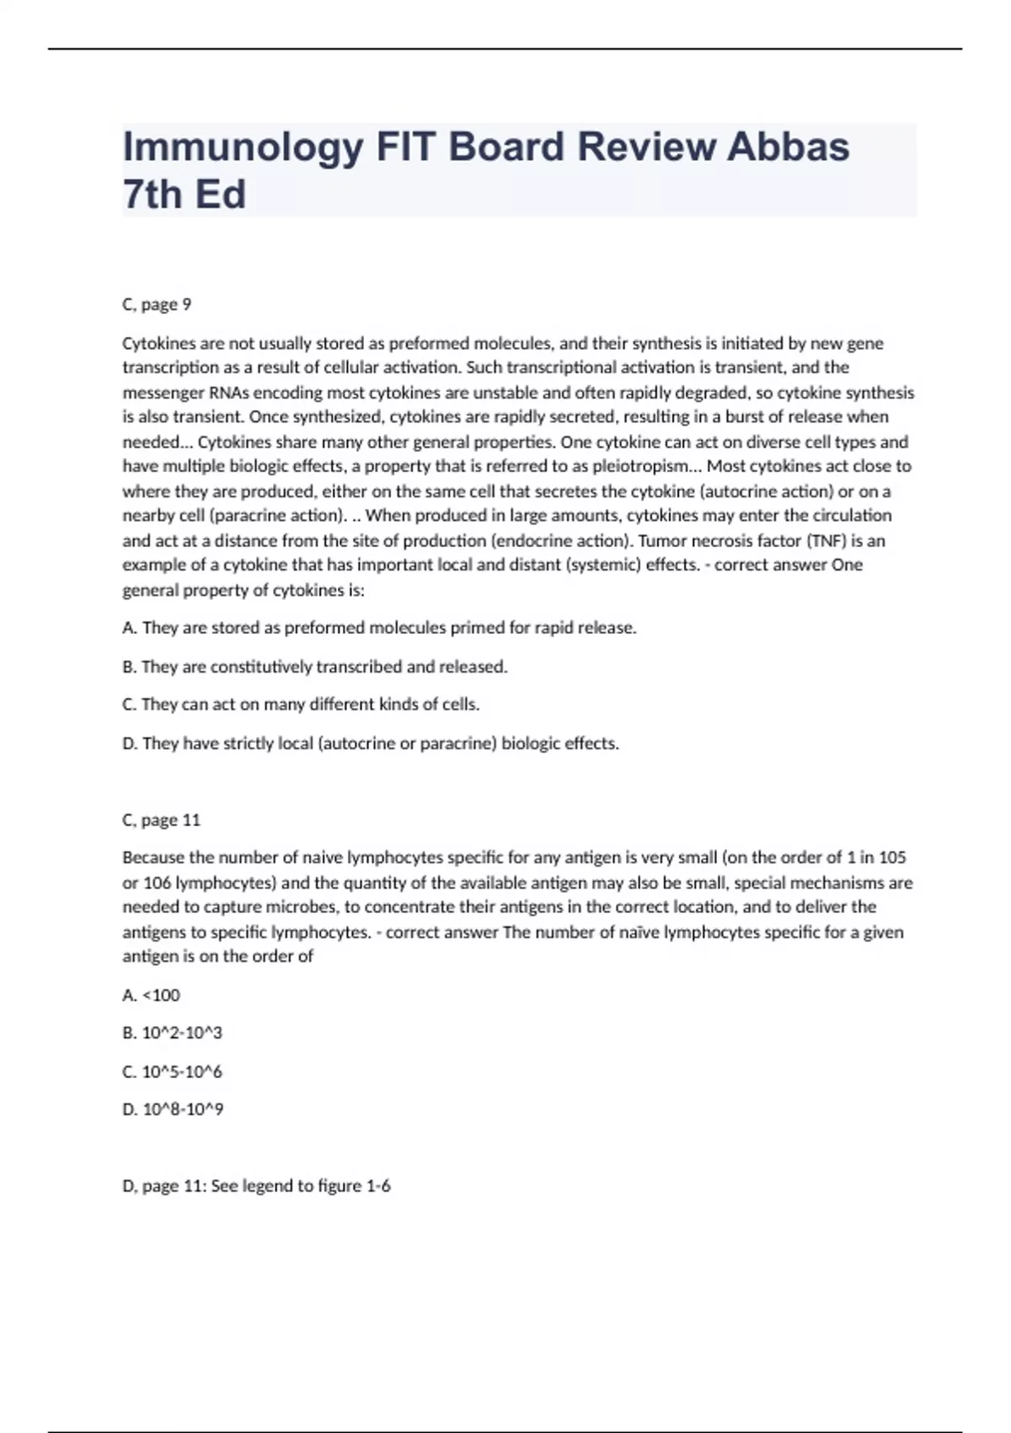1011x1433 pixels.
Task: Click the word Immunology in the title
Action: click(243, 148)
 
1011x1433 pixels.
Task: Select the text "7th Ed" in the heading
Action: click(185, 195)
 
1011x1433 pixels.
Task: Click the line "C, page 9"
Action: click(157, 304)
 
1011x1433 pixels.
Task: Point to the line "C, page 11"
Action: click(161, 819)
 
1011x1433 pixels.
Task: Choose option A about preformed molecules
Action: click(379, 628)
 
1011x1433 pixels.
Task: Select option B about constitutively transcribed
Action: click(315, 667)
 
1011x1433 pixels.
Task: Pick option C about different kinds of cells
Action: click(301, 705)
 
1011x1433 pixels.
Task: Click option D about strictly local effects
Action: click(371, 743)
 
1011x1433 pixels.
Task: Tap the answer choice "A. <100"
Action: click(151, 996)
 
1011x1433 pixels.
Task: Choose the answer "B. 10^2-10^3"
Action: click(172, 1033)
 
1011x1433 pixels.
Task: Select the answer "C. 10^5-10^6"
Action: click(172, 1072)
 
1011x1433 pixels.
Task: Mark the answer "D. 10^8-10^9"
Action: click(173, 1109)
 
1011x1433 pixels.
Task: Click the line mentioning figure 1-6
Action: click(256, 1186)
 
